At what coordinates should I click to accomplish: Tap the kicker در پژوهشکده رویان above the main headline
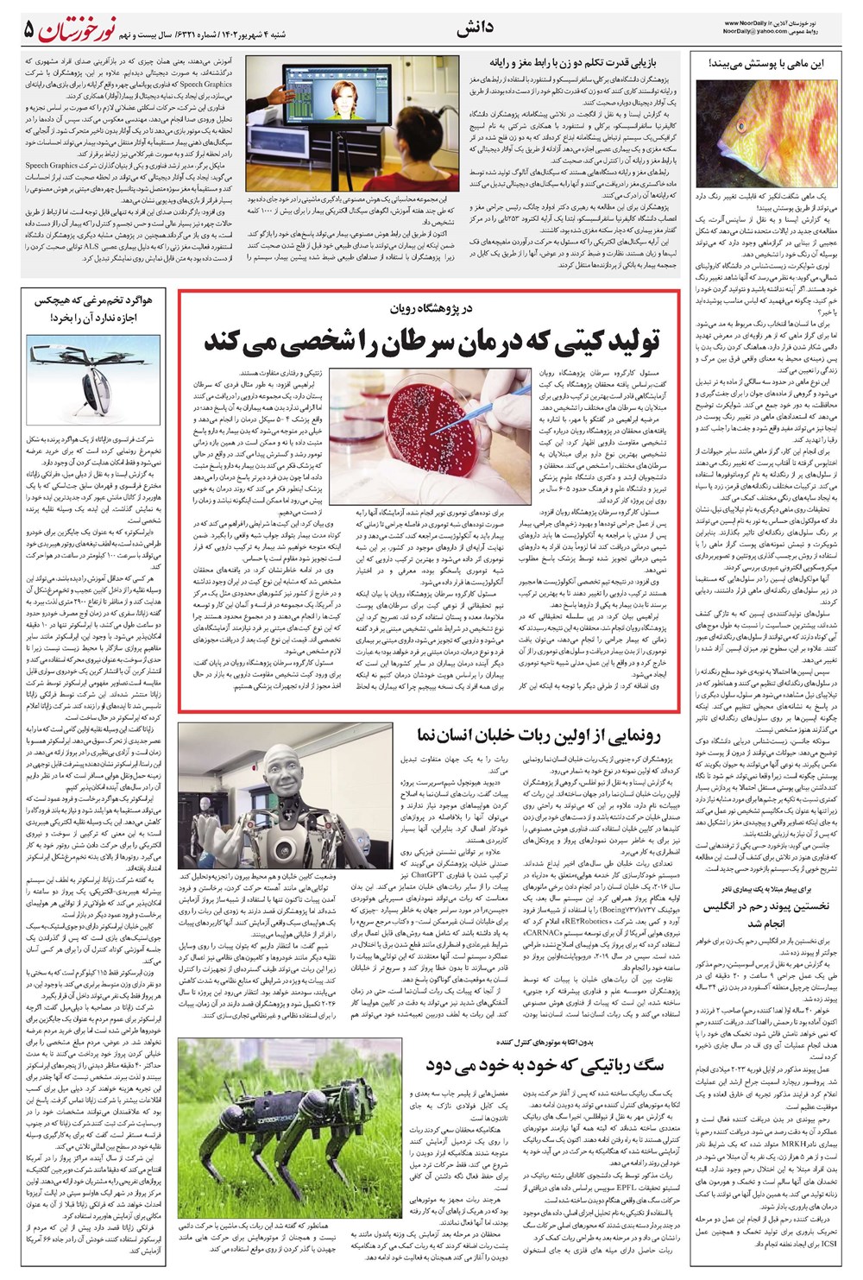[431, 309]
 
